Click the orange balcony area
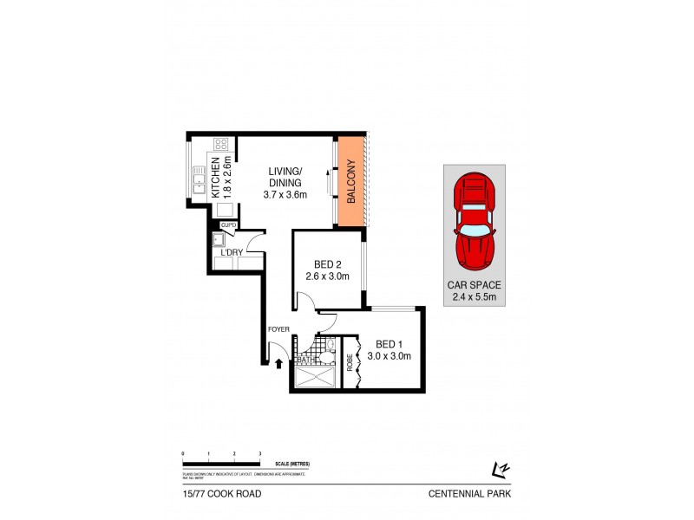click(x=351, y=182)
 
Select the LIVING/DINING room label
click(x=285, y=177)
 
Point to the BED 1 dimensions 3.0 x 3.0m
click(x=389, y=355)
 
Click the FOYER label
click(x=278, y=330)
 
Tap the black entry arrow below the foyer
click(x=278, y=362)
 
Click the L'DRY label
click(x=231, y=252)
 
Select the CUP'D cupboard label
click(x=229, y=225)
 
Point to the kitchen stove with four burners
click(x=221, y=145)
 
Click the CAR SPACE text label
click(x=473, y=284)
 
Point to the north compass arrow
click(x=498, y=469)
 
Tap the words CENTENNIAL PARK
click(x=468, y=494)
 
